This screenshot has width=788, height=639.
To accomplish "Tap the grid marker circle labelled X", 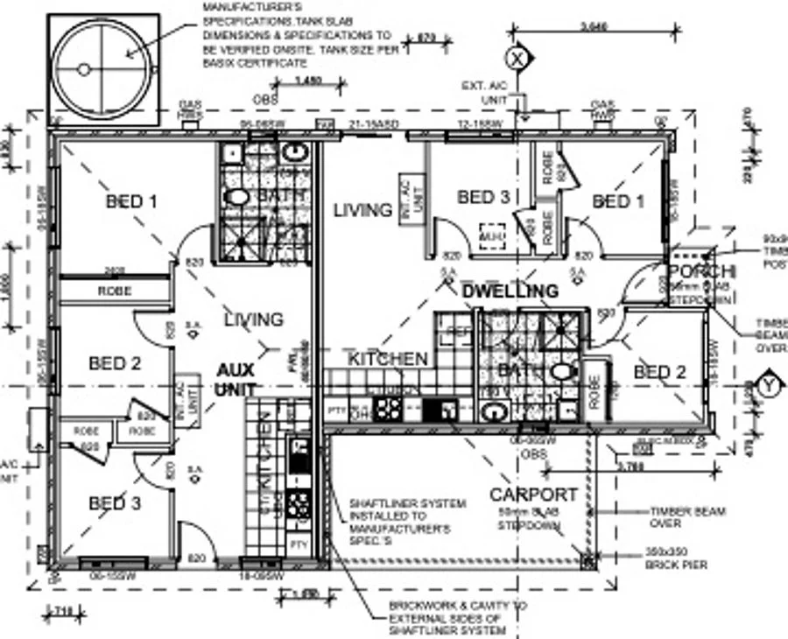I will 517,59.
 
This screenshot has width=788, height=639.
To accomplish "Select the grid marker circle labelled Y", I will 769,385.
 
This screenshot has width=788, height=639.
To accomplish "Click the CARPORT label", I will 533,495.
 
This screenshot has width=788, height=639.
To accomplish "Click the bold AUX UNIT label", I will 236,379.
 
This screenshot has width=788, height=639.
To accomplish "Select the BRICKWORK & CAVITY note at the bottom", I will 447,617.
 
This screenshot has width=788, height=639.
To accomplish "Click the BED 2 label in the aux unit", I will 115,362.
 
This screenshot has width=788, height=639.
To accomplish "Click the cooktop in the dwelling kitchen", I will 388,409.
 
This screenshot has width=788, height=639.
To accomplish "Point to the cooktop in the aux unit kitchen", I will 299,504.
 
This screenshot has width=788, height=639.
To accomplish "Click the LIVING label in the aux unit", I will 254,319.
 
